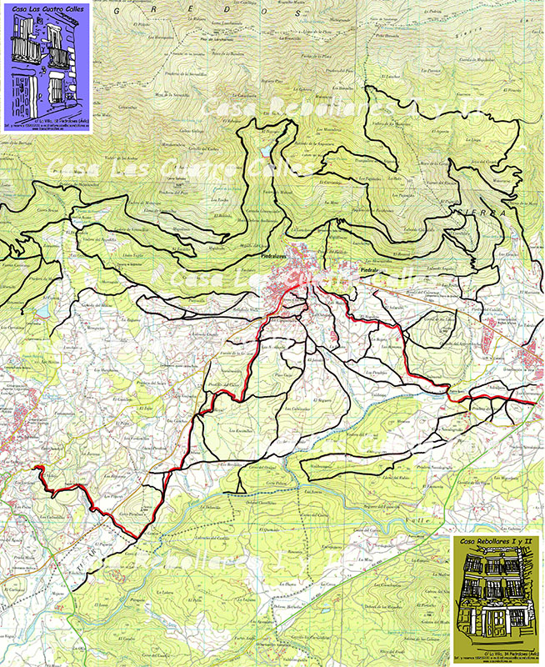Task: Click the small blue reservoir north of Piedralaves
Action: tap(265, 150)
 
